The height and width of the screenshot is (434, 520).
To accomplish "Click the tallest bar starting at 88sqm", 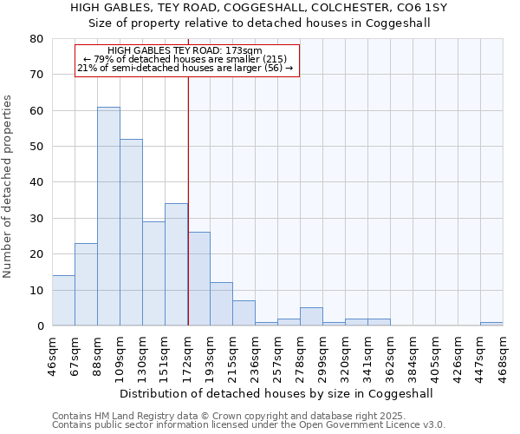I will [x=108, y=217].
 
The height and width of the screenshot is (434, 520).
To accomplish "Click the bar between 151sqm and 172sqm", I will [x=176, y=265].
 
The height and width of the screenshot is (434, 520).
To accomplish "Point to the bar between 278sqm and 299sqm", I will [x=311, y=317].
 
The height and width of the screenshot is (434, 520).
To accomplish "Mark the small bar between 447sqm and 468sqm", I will [x=491, y=324].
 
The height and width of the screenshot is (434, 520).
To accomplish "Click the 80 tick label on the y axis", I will [x=36, y=39].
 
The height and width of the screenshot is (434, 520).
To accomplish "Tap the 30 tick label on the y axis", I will [x=36, y=219].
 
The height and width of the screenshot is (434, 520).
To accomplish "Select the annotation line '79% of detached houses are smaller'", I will [x=185, y=59].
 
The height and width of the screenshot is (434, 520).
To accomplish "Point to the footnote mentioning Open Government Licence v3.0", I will [x=248, y=425].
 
